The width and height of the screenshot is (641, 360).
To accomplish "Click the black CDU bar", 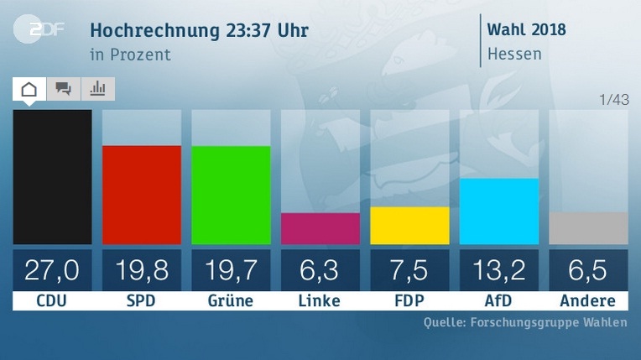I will pos(52,177).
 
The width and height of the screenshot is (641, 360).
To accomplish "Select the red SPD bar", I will pos(141,195).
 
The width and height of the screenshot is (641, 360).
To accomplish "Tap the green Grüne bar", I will pos(231,195).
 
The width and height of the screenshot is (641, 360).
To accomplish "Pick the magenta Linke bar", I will pos(320,228).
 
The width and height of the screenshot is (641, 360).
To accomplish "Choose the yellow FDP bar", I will pos(409,226).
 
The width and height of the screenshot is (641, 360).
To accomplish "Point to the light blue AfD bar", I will pos(498,211).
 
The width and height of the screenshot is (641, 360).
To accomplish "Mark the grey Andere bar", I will pos(587,228).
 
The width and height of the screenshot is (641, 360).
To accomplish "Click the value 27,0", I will pos(52,270).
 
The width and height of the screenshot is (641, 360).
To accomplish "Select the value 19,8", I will pos(141,270).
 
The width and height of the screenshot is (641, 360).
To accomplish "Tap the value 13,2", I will pos(498,270).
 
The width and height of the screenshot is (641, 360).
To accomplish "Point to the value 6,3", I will pos(320,270).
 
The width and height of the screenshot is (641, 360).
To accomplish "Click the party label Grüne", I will pos(231,300).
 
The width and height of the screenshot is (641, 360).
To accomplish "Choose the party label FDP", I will pos(409,300).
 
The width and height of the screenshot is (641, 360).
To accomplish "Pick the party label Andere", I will pos(587,300).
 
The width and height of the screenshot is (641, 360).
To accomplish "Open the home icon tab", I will pos(29,89).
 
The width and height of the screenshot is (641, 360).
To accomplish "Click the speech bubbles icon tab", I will pos(63,89).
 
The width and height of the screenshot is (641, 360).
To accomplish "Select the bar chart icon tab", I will pos(97,89).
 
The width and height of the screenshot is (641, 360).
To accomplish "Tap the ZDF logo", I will pos(36,31).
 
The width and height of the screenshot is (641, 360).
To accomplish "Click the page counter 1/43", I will pos(614,101).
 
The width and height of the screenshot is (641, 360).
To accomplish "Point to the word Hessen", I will pos(514,55).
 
